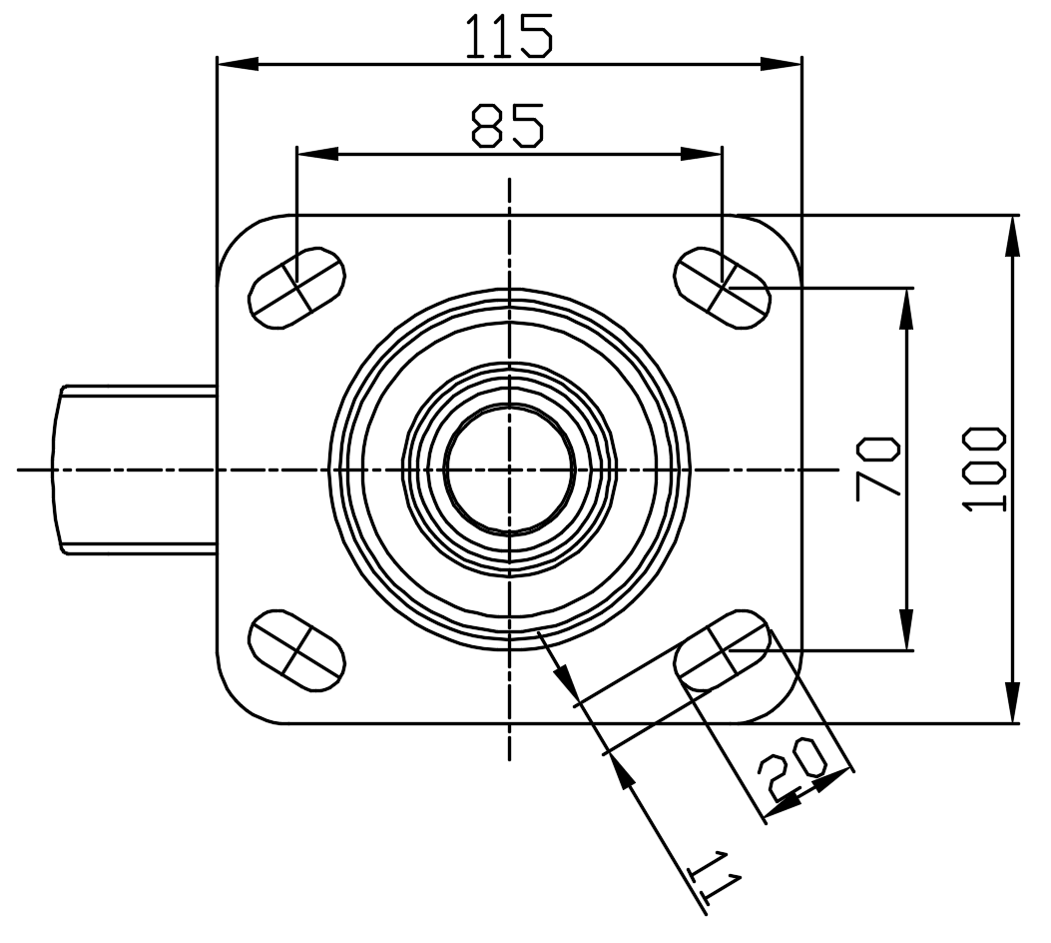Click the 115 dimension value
509,36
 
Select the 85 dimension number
507,125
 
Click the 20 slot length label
794,767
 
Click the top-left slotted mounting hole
296,288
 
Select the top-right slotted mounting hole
722,288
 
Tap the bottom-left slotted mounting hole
296,650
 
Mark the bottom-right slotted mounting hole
722,650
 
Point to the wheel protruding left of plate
134,470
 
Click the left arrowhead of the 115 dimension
238,64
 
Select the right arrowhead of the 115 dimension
782,64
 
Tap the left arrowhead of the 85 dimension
317,154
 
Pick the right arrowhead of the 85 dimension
702,154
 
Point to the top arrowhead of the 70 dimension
906,309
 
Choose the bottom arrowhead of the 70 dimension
906,629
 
